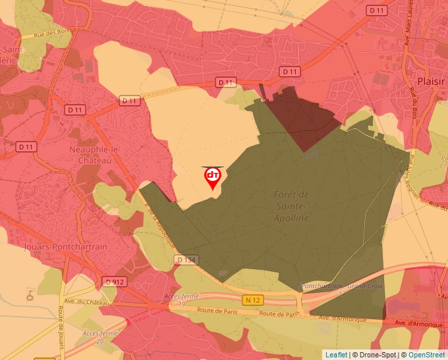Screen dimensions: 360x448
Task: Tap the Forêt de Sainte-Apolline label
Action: pyautogui.click(x=291, y=206)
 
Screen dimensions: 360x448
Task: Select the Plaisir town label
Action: pyautogui.click(x=432, y=80)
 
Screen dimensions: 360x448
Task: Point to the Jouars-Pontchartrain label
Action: pyautogui.click(x=55, y=245)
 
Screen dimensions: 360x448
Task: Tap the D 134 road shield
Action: pyautogui.click(x=186, y=260)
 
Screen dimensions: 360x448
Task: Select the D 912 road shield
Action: pyautogui.click(x=114, y=282)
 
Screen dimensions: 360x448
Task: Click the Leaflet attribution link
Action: pyautogui.click(x=335, y=355)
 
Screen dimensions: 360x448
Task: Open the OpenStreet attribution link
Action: pyautogui.click(x=427, y=355)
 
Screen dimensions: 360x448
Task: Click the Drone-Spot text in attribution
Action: pyautogui.click(x=379, y=355)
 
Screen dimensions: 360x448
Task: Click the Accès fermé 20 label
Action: pyautogui.click(x=99, y=337)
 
